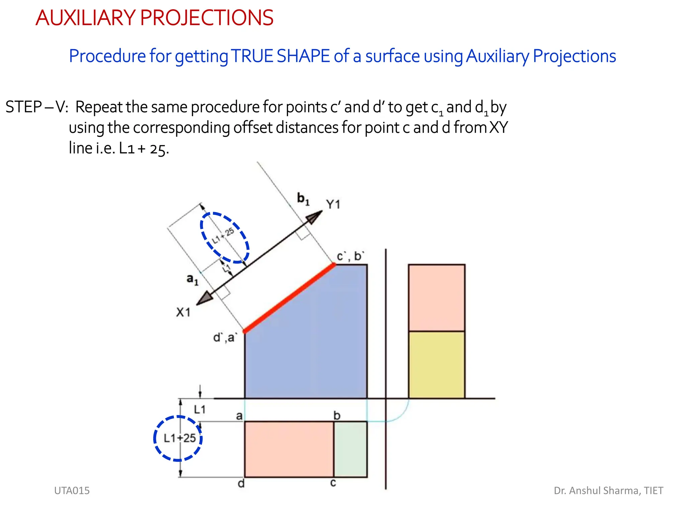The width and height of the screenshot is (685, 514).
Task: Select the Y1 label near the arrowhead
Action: tap(333, 204)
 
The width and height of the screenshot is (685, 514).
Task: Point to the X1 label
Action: tap(183, 312)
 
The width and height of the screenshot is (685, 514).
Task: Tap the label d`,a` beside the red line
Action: tap(225, 337)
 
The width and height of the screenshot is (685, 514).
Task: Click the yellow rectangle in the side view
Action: tap(436, 365)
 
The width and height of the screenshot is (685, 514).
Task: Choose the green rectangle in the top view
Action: tap(350, 449)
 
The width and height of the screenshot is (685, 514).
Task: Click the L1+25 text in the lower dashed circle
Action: tap(180, 438)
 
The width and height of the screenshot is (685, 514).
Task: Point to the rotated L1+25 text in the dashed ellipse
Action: tap(223, 236)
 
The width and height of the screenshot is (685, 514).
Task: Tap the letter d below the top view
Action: tap(241, 484)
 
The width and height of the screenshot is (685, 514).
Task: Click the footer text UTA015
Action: tap(72, 491)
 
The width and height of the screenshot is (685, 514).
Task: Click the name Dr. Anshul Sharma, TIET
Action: tap(608, 491)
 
